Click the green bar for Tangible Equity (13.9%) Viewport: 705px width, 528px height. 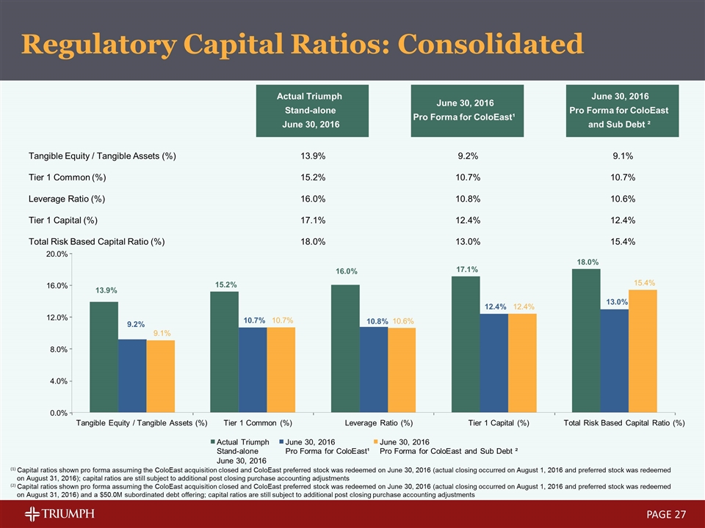[104, 357]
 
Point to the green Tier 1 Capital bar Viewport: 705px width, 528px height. [465, 344]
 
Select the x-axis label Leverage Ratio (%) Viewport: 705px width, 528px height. [378, 423]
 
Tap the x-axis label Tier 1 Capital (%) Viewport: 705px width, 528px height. [499, 423]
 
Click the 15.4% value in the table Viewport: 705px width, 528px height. [623, 241]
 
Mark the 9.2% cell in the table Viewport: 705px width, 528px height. [469, 156]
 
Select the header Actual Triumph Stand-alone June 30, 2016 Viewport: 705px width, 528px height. [309, 111]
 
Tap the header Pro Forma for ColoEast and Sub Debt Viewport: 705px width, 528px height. [623, 111]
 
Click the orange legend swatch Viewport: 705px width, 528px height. [377, 442]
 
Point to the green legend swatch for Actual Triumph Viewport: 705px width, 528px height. [214, 442]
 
